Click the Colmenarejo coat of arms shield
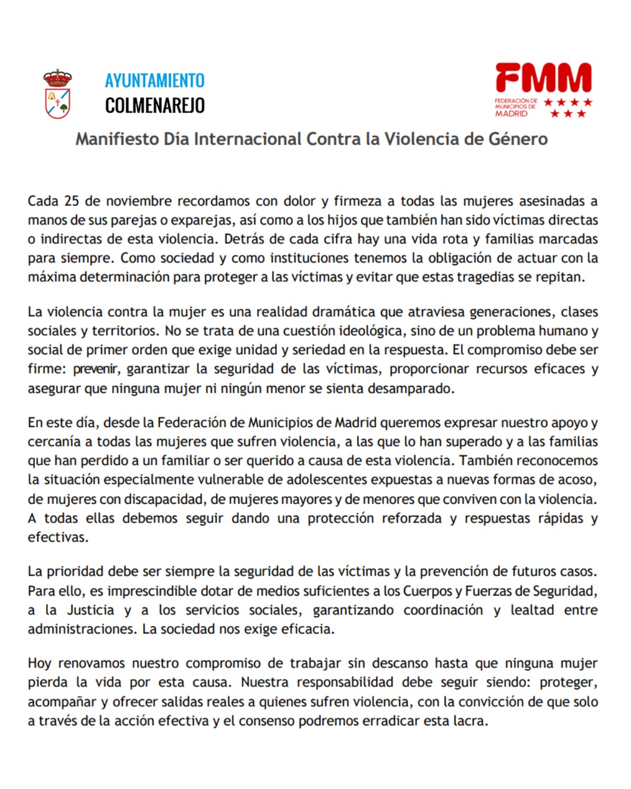tap(58, 103)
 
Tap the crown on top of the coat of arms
tap(58, 78)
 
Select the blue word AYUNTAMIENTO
tap(155, 81)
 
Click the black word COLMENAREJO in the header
tap(155, 106)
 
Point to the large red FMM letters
tap(543, 78)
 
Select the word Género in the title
tap(518, 139)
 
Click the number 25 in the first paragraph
tap(71, 201)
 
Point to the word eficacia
tap(308, 629)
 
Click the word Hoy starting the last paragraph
tap(40, 663)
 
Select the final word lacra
tap(471, 721)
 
